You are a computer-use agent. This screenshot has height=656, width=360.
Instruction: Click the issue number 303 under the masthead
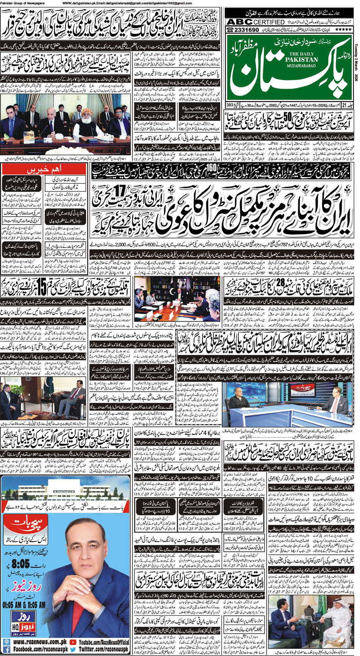tap(230, 105)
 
